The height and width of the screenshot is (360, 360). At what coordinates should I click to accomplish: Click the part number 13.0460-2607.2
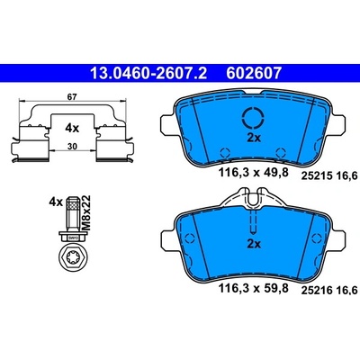coord(148,73)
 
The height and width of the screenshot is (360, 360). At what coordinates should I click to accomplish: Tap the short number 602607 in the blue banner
coord(254,73)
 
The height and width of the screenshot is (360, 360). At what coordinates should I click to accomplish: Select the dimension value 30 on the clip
coord(73,147)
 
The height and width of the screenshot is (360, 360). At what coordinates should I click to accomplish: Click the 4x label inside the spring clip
coord(72,129)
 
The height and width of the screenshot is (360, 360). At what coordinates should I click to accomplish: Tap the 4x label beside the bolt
coord(56,202)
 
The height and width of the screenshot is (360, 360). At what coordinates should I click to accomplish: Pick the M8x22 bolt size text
coord(86,212)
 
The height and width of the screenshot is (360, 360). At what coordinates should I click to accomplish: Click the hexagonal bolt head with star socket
coord(72,257)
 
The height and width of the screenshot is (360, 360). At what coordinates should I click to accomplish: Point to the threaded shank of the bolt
coord(72,213)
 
